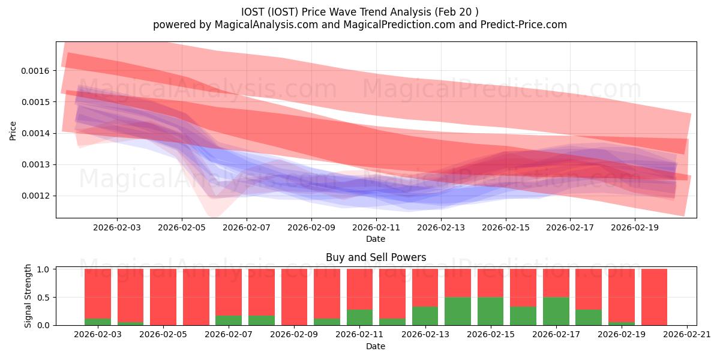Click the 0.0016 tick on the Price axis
point(38,71)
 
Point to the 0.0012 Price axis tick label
point(38,196)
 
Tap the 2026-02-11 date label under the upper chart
point(376,228)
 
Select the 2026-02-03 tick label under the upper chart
point(117,228)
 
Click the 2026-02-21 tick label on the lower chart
point(686,335)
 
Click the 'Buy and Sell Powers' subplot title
point(376,257)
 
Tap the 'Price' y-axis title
point(13,130)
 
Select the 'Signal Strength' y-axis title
point(28,296)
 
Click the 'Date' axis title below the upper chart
point(376,239)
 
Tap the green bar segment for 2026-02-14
point(458,311)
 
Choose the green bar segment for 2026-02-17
point(556,311)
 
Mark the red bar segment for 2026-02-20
point(654,296)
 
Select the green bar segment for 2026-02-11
point(359,317)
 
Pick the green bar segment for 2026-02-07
point(229,320)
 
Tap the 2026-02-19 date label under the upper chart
point(635,228)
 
